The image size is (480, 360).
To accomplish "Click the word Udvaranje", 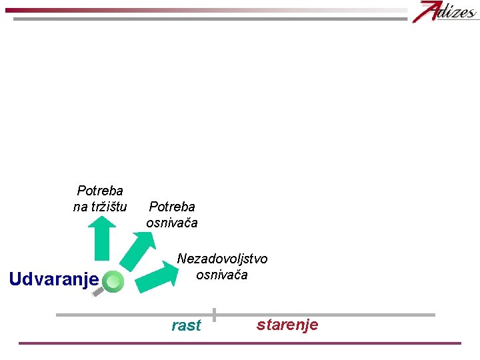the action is pos(54,278).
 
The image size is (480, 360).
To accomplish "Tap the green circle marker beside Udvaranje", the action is pos(114,282).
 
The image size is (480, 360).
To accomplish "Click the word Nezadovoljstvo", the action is pos(222,259).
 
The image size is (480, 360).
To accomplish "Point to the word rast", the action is pos(186,325).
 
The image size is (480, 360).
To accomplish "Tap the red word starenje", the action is pos(287,325).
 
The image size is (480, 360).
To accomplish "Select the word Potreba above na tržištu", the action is pos(100,191).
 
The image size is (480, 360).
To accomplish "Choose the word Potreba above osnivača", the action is pos(172,207).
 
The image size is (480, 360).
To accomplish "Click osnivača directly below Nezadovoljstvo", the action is pos(222,275).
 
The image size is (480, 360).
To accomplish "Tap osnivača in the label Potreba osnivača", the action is pos(172,223).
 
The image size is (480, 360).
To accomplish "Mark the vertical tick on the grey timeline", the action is pos(214,314).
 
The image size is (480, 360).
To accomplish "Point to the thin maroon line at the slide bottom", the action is pos(240,343).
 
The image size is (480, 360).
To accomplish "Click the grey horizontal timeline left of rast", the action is pos(133,315).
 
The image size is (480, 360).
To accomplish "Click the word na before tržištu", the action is pos(80,207).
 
